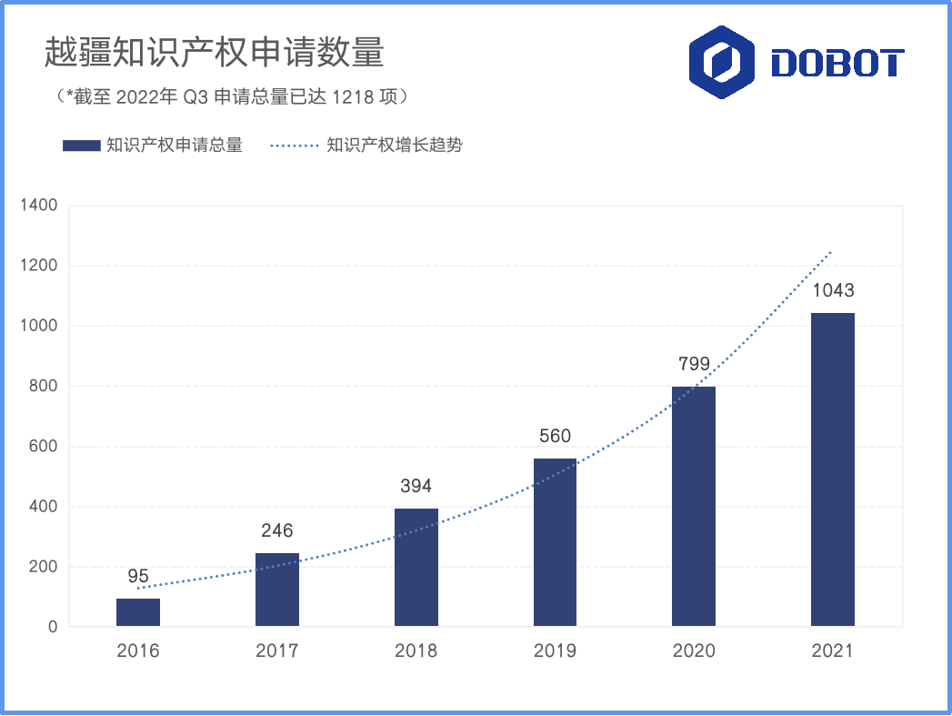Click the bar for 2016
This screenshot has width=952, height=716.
click(138, 612)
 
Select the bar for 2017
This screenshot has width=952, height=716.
click(277, 590)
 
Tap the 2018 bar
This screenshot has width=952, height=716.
click(416, 567)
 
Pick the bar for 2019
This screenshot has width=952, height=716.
click(555, 542)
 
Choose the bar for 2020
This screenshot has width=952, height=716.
click(694, 507)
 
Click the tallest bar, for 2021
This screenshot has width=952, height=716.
click(833, 469)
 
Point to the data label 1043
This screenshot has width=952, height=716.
click(833, 291)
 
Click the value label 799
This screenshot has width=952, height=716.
click(694, 365)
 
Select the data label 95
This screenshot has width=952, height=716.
click(138, 576)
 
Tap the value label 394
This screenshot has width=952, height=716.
click(416, 486)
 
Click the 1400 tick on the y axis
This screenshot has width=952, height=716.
click(38, 206)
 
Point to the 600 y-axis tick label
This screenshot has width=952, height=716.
click(44, 447)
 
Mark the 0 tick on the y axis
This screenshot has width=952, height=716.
click(54, 627)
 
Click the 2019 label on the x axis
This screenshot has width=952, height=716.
click(555, 650)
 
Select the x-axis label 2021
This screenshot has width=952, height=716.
click(833, 650)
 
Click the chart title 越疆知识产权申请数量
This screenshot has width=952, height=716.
click(215, 53)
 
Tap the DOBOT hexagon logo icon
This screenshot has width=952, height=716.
click(721, 62)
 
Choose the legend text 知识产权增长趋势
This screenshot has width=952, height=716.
click(395, 146)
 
